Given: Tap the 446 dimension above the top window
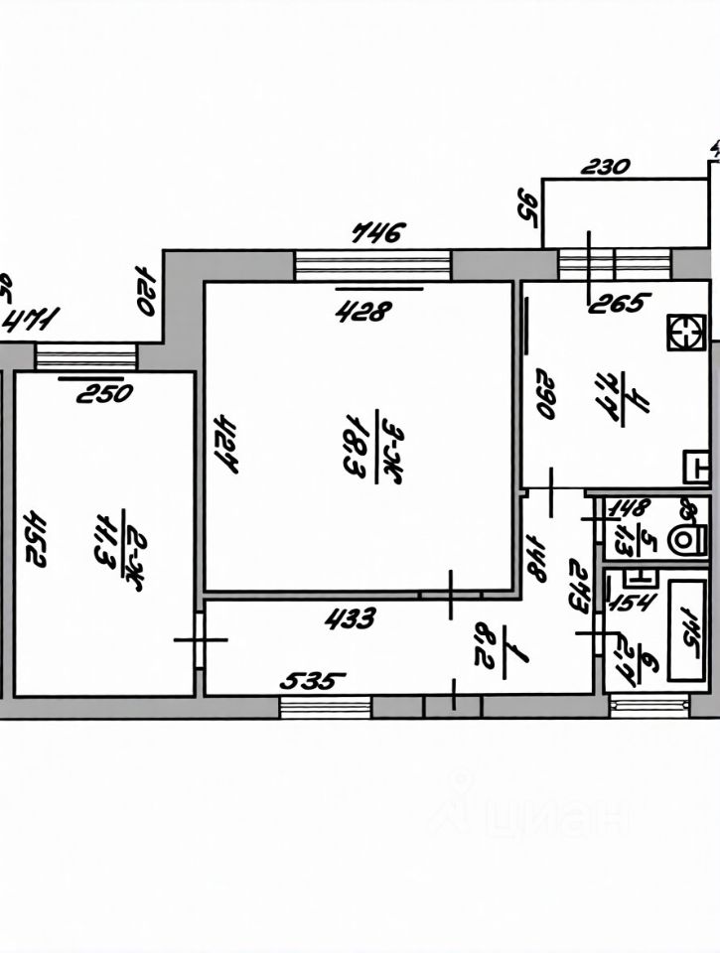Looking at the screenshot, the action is (x=379, y=234).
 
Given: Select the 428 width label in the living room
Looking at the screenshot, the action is (x=361, y=312).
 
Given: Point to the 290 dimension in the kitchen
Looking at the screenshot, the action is (x=545, y=394).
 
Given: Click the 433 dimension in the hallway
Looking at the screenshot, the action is (x=351, y=619).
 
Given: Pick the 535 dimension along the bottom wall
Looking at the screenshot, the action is (x=314, y=682).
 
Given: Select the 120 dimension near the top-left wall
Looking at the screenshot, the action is (x=144, y=290).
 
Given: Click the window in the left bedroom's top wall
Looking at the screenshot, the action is (x=86, y=355).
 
